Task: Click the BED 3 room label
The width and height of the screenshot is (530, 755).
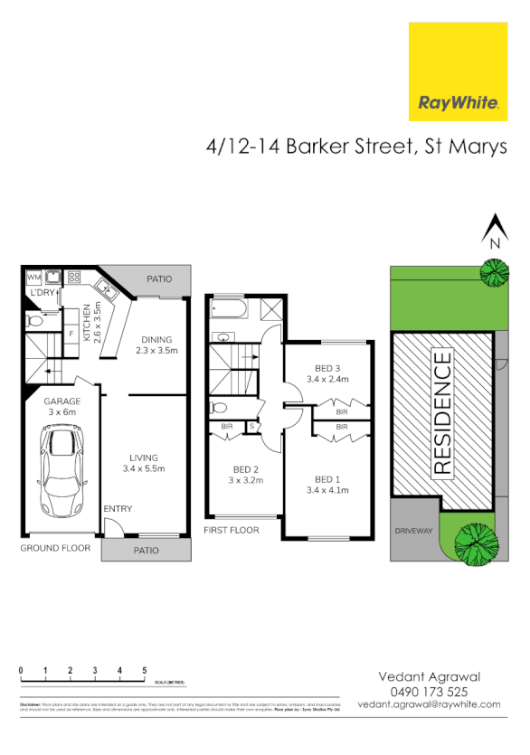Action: coord(327,373)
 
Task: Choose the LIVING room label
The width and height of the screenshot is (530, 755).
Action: coord(143,463)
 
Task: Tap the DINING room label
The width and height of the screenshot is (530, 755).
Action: coord(156,344)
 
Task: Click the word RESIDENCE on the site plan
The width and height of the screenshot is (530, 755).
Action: coord(442,415)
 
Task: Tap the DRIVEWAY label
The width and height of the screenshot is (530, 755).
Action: coord(412,532)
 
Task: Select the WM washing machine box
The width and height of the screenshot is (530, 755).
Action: coord(34,277)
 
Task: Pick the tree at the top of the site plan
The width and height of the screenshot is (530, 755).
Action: coord(494,272)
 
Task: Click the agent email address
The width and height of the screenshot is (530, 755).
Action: coord(429,703)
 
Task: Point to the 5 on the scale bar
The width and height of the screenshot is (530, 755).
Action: coord(144,670)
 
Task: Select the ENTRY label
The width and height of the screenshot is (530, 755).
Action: coord(118,509)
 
